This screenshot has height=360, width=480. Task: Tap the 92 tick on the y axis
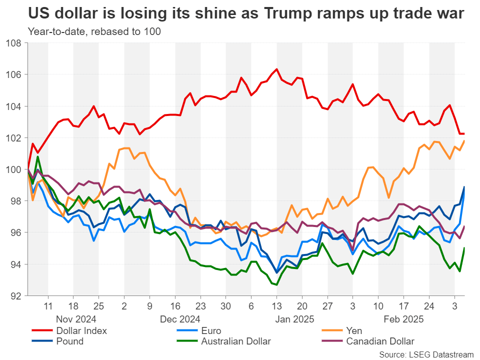[x=16, y=295]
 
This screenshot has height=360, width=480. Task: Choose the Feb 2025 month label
[x=403, y=318]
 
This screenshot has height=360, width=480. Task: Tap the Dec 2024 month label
[x=180, y=318]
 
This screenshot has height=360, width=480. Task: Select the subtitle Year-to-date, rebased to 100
[x=94, y=31]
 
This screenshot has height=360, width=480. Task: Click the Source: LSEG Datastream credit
[x=426, y=354]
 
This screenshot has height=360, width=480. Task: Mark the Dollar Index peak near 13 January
[x=277, y=69]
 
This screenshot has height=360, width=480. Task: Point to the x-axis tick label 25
[x=98, y=305]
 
